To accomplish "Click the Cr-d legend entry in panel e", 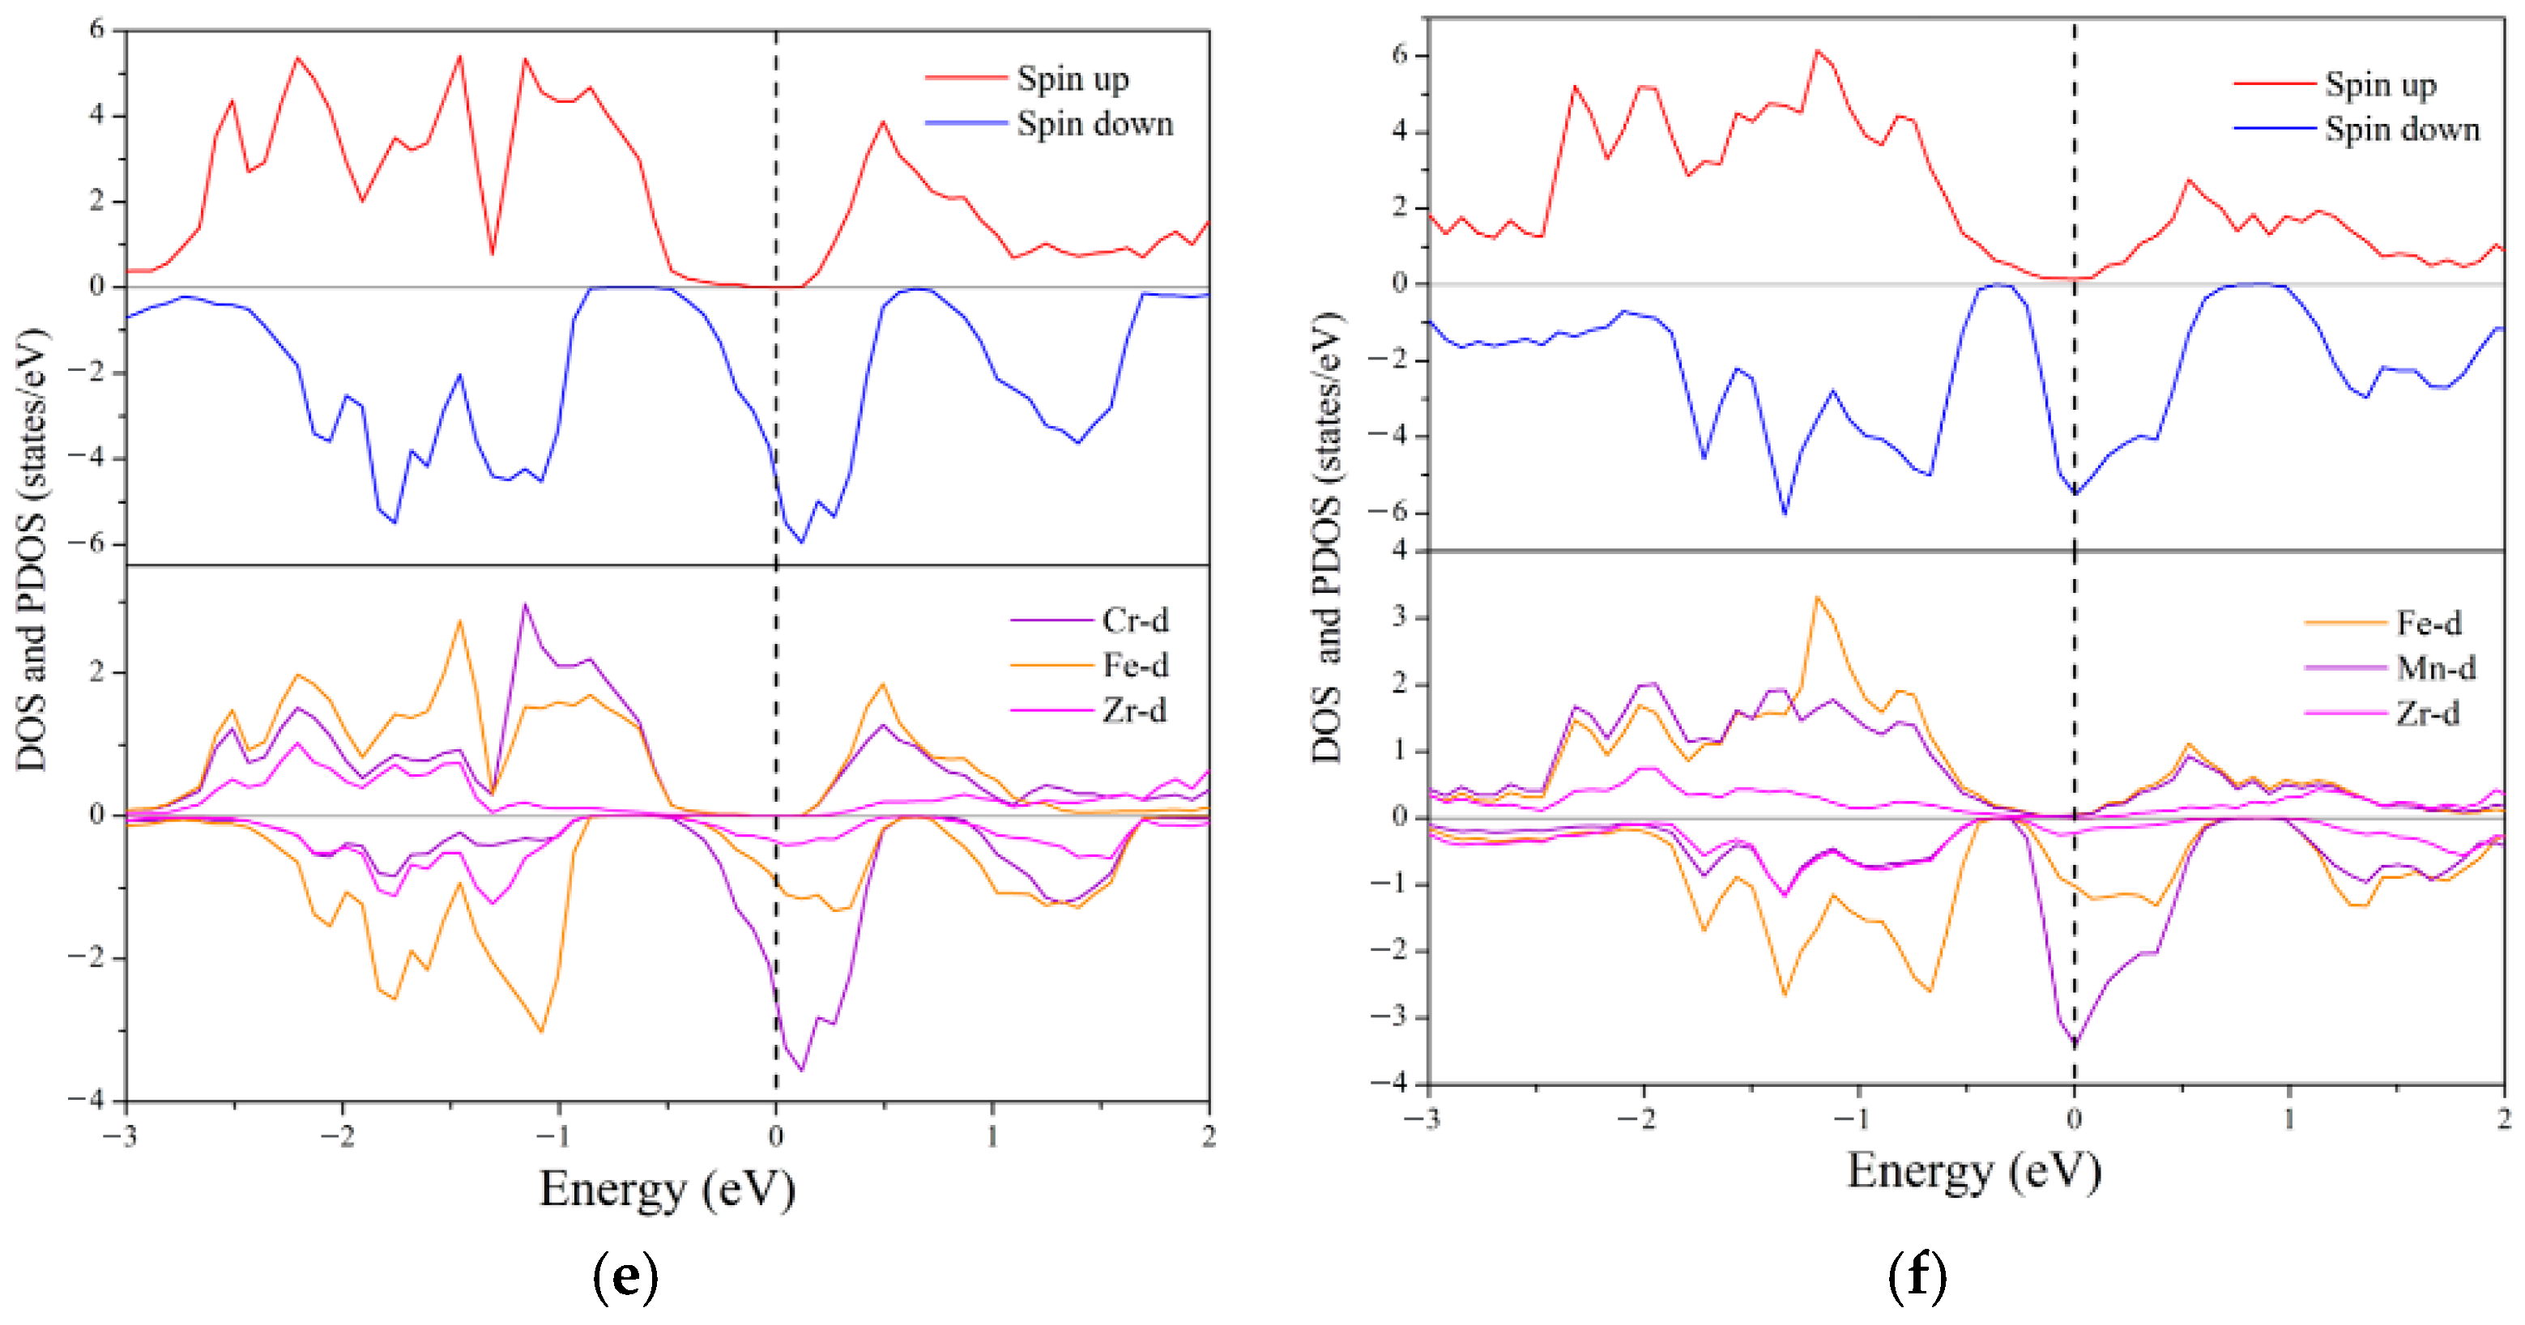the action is pos(1134,620).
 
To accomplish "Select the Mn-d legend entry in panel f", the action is pos(2435,668).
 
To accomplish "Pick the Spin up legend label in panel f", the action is pos(2380,85).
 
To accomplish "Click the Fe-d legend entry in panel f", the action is pos(2428,624).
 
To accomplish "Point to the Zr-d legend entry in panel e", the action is pos(1133,710).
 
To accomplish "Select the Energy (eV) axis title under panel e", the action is pos(667,1189).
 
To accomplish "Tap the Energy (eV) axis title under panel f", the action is pos(1973,1171).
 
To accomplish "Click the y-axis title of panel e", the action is pos(32,549).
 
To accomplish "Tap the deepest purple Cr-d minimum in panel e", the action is pos(802,1070).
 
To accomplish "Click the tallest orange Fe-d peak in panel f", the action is pos(1816,597).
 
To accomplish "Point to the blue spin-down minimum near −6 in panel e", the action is pos(802,542).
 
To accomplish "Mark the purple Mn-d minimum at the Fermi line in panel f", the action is pos(2074,1045).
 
